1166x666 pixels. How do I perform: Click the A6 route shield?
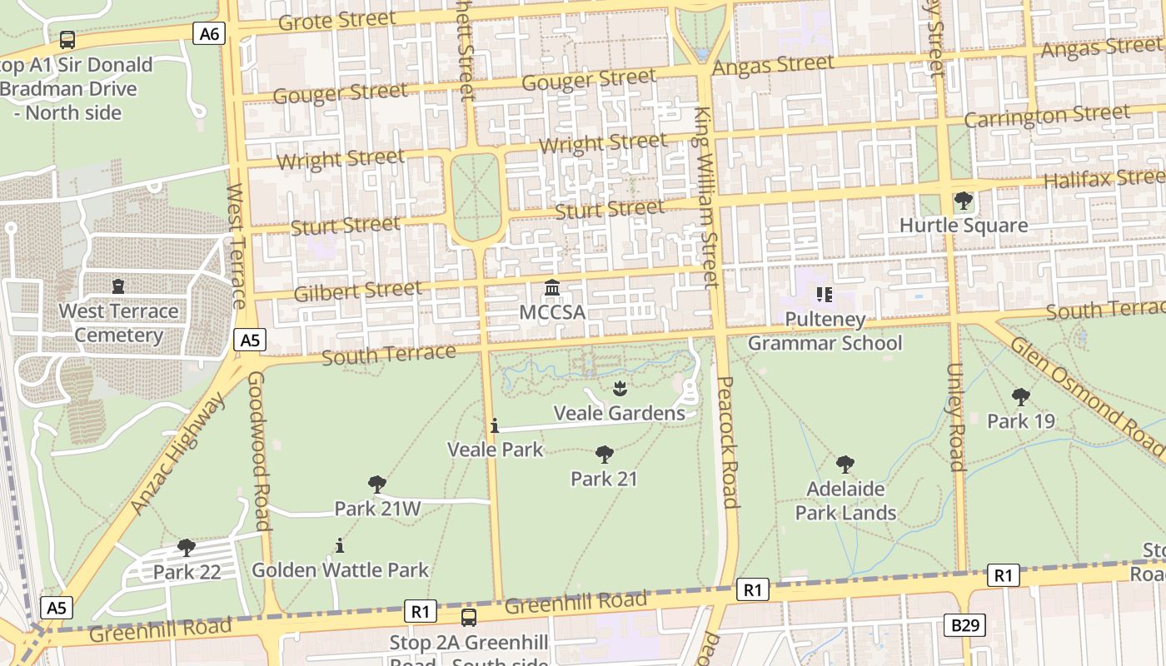point(210,33)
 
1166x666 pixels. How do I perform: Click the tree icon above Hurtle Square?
point(964,201)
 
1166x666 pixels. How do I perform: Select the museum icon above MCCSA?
point(551,288)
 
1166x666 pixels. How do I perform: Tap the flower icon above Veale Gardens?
point(619,388)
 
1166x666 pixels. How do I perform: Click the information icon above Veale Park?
point(495,425)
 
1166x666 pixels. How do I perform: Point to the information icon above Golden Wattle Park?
point(339,545)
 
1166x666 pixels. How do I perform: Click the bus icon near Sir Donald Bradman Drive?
point(67,39)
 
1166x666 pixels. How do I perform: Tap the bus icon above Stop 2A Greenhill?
point(469,617)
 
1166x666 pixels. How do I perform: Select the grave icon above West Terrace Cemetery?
point(118,286)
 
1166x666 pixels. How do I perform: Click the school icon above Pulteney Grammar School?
point(825,294)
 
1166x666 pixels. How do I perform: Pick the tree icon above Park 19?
point(1020,397)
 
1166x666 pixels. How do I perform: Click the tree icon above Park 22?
point(186,547)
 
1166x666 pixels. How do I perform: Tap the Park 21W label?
point(377,508)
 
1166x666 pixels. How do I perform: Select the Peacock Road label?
point(727,441)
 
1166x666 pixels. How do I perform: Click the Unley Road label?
point(955,416)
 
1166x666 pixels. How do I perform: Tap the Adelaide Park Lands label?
point(845,500)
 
